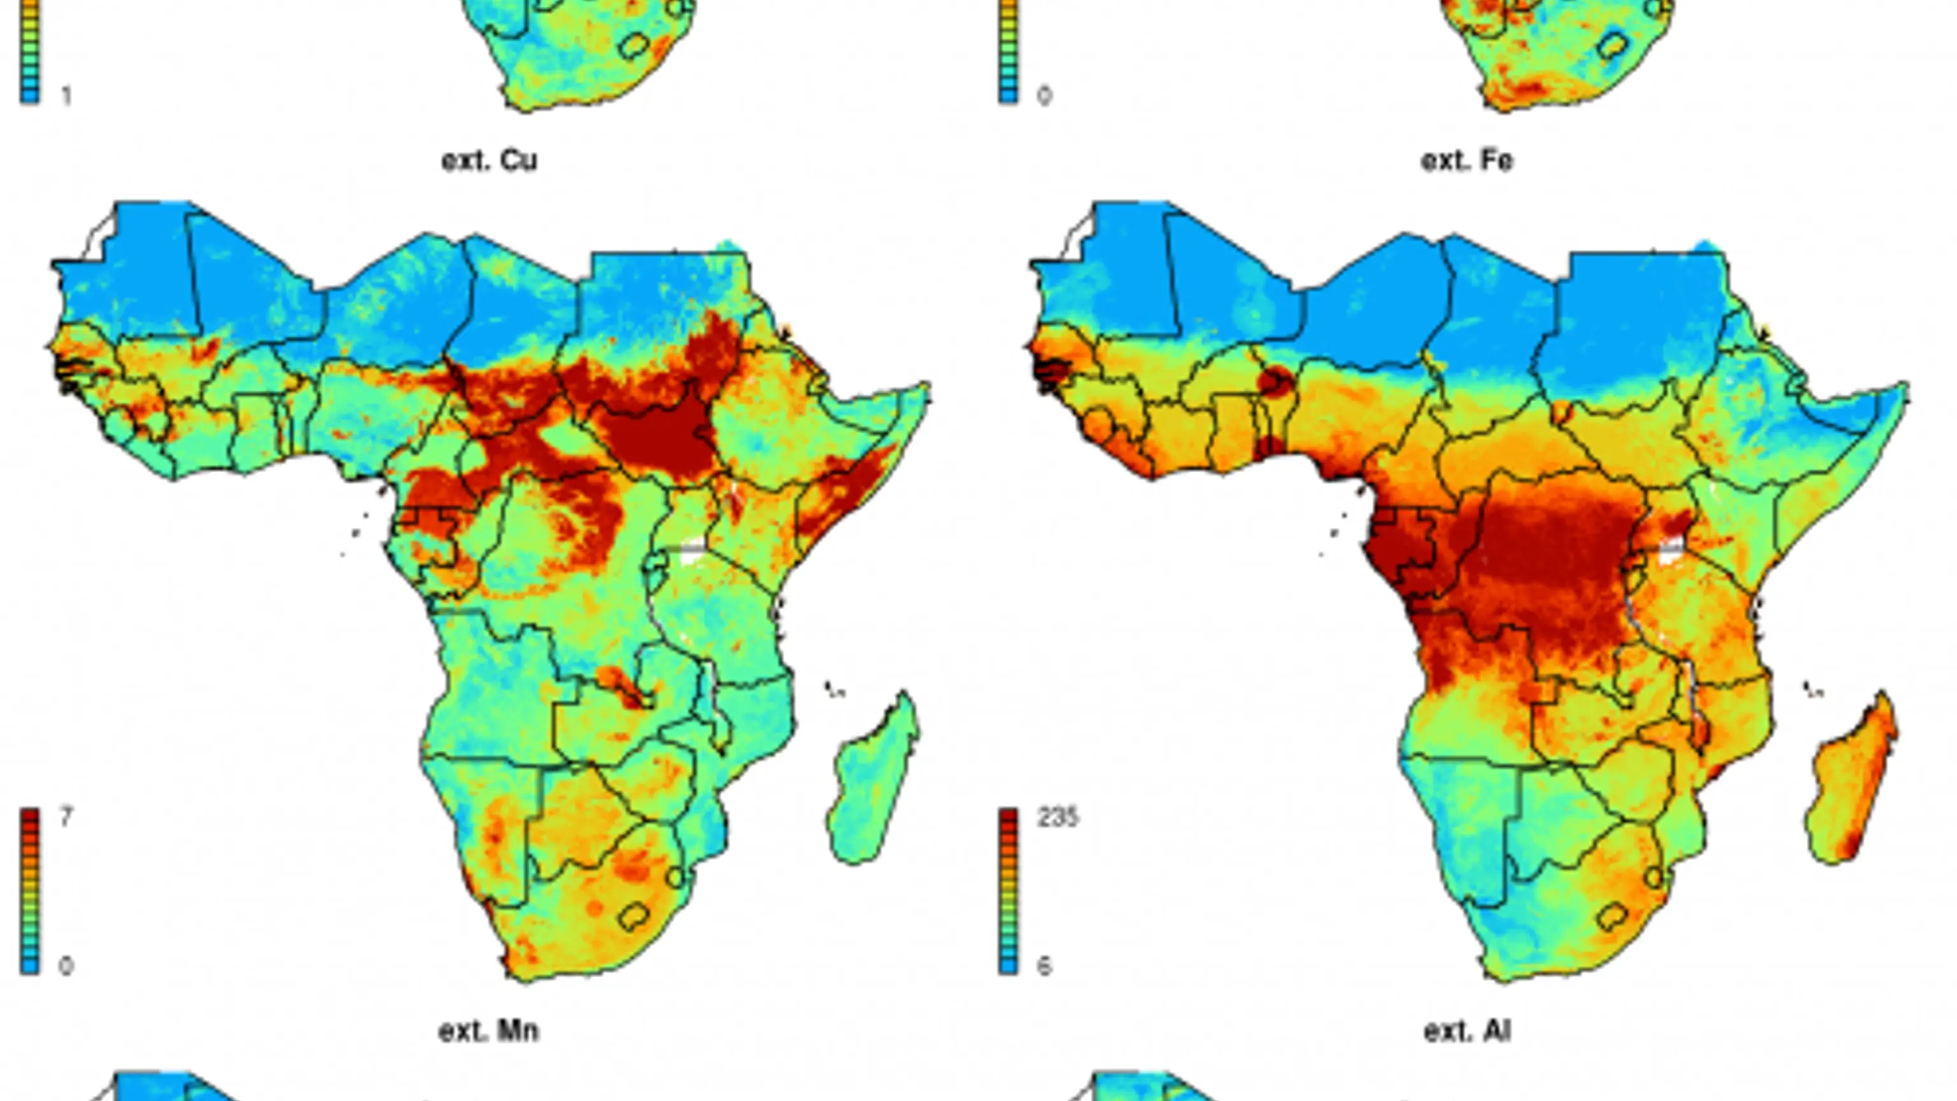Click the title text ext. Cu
coord(489,161)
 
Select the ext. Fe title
coord(1467,161)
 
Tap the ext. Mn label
coord(489,1031)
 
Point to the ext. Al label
coord(1467,1031)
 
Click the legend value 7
coord(67,817)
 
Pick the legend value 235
coord(1057,817)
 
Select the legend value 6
coord(1045,966)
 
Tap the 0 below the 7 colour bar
coord(67,966)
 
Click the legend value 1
coord(67,96)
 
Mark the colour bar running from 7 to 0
coord(30,891)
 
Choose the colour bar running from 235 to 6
coord(1008,891)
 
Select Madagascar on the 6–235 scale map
coord(1852,779)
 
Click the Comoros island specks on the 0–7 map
coord(836,690)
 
